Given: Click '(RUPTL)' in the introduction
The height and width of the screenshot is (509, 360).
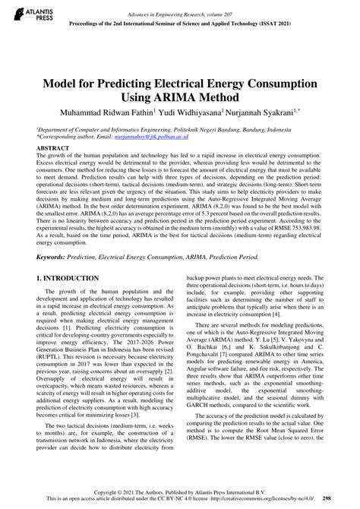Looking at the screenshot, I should coord(53,361).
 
